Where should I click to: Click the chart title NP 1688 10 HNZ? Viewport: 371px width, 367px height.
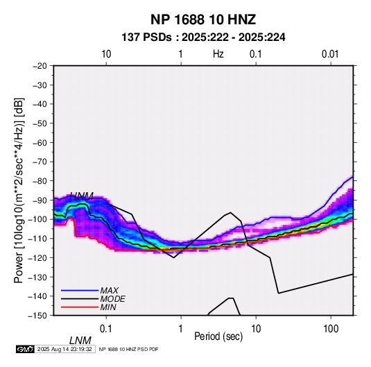tap(203, 19)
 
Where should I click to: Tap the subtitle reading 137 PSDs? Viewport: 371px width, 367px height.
tap(146, 37)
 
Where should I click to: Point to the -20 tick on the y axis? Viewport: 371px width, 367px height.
tap(40, 66)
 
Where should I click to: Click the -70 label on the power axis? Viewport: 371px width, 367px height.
tap(40, 162)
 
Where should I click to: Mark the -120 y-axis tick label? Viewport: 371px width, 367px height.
tap(37, 257)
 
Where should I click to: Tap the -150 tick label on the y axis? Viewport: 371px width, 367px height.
tap(37, 316)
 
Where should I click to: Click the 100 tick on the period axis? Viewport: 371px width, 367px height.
tap(331, 329)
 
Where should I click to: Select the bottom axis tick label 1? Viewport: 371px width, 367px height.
tap(181, 329)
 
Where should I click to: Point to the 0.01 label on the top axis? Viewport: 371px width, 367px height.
tap(330, 54)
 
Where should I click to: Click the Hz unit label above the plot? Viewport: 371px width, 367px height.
tap(218, 54)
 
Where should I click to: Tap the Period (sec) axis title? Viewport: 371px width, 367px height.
tap(218, 336)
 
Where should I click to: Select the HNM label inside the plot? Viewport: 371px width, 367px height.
tap(81, 196)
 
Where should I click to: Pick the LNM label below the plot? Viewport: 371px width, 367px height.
tap(80, 341)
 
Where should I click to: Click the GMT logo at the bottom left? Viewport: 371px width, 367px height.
tap(26, 349)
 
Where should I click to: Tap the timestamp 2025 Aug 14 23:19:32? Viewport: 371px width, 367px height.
tap(64, 349)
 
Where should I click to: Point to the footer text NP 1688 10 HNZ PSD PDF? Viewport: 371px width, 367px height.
tap(128, 350)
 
